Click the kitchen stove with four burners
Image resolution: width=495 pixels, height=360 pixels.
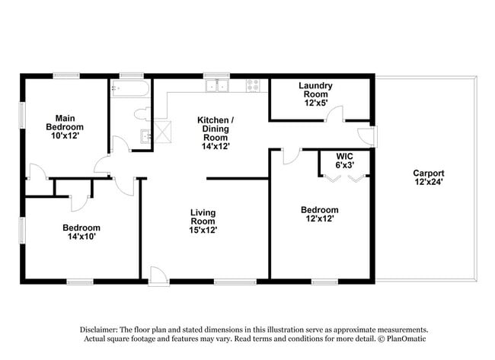tap(254, 86)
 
